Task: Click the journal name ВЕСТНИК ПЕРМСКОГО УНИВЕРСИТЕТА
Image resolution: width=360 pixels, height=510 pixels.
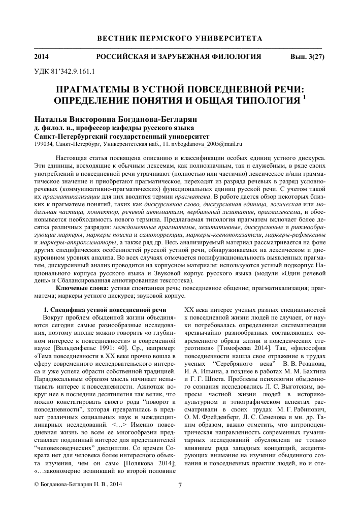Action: tap(180, 39)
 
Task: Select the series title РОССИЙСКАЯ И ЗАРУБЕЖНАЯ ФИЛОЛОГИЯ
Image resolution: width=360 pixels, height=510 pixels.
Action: tap(179, 56)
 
